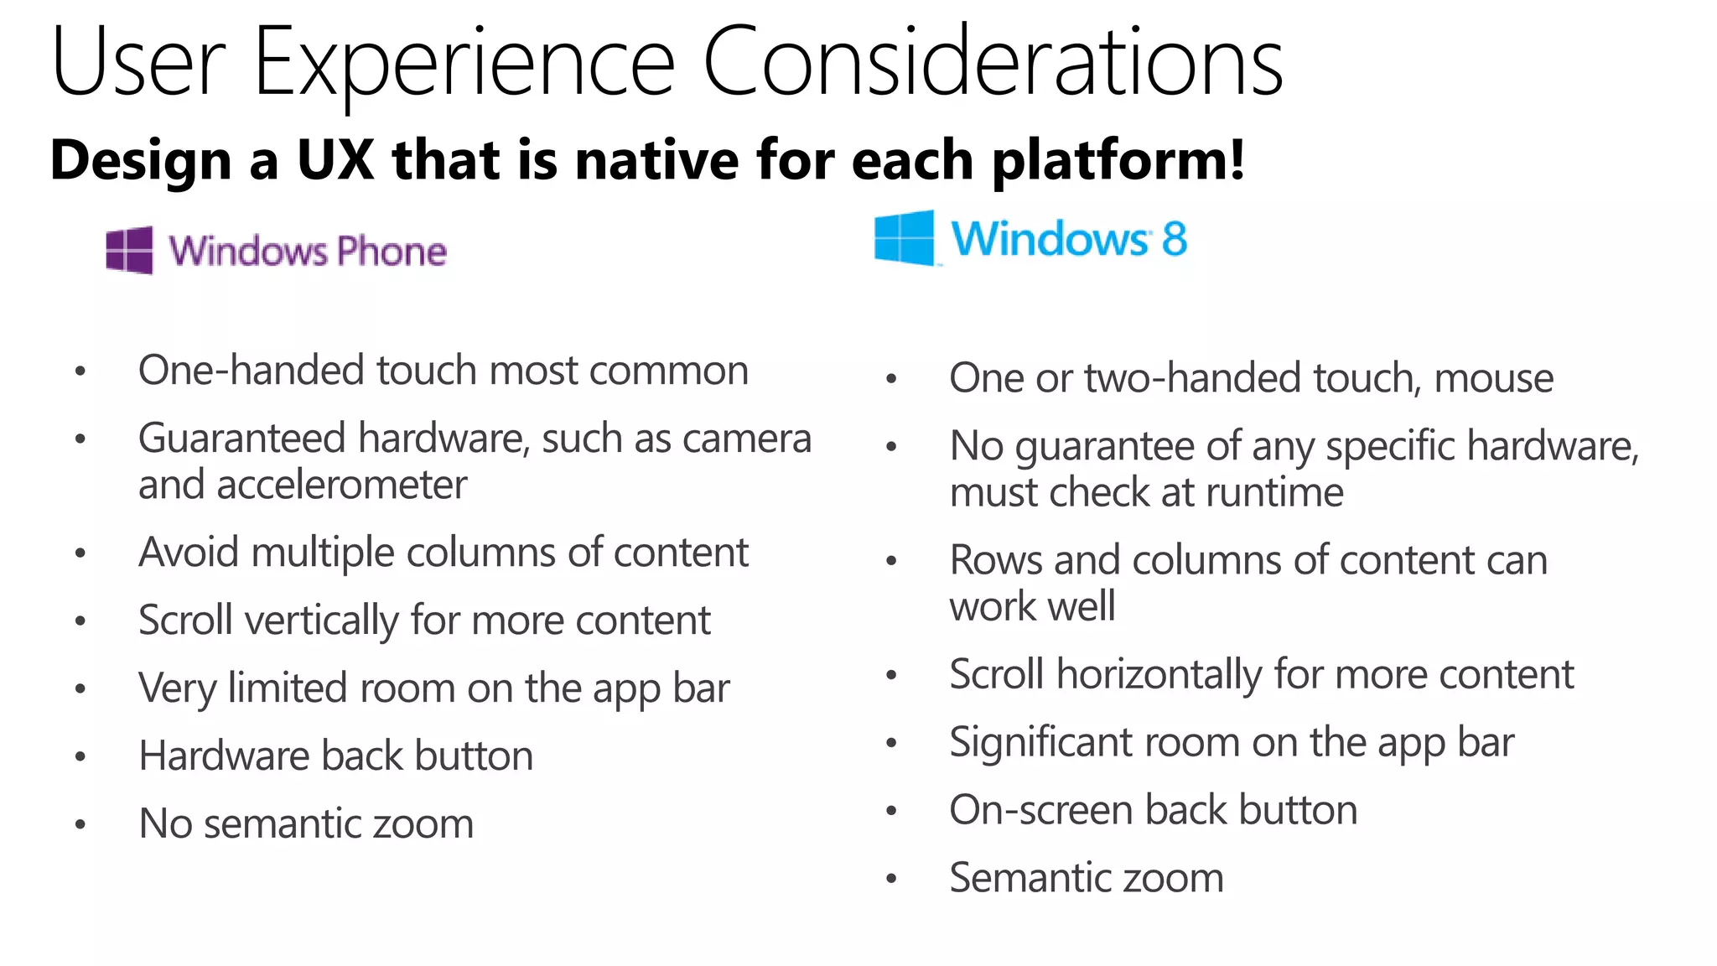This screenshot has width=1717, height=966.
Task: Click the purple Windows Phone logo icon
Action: pos(130,250)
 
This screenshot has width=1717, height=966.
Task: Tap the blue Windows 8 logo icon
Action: pos(904,238)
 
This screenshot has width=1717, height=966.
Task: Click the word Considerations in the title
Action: pos(993,63)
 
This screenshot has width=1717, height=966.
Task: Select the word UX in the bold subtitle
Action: pos(335,159)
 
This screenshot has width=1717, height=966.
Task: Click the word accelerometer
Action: pos(302,486)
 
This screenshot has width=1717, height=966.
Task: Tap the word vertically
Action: pos(321,621)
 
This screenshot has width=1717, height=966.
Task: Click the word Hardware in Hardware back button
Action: pos(224,756)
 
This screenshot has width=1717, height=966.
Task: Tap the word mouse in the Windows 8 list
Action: pos(1493,378)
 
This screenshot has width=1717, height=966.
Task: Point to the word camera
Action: pos(760,439)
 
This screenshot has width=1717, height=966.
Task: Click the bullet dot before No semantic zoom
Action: pos(80,825)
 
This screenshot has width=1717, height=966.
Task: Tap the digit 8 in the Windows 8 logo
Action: pos(1174,239)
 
